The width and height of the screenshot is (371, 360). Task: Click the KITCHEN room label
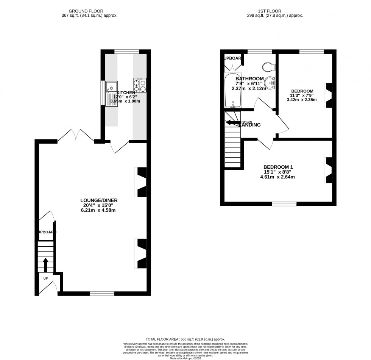coord(126,92)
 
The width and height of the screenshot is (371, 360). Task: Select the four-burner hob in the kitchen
coord(140,85)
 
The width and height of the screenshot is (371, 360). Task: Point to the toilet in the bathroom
coord(270,67)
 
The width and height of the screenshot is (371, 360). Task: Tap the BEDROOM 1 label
coord(278,167)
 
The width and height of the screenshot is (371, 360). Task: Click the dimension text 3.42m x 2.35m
coord(302,100)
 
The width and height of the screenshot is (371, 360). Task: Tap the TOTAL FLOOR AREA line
coord(185,340)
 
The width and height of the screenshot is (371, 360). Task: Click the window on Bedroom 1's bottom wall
coord(284,204)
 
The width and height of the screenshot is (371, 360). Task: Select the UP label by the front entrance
coord(45,278)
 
